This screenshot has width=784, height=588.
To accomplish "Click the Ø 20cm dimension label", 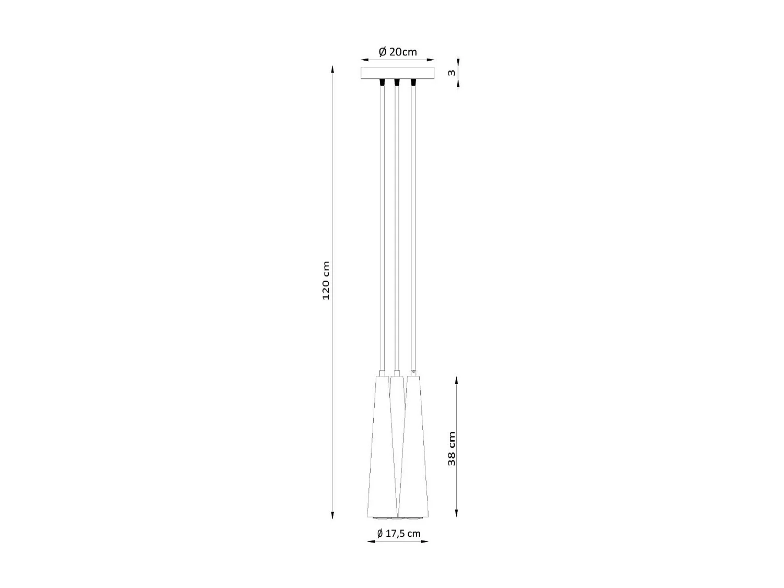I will click(x=398, y=52).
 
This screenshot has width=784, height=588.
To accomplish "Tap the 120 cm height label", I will click(x=326, y=280).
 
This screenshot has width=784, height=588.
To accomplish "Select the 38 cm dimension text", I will click(x=452, y=448).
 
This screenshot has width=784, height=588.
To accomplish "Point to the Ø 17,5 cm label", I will click(x=399, y=534).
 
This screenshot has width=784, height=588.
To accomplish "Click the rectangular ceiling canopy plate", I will click(x=398, y=73).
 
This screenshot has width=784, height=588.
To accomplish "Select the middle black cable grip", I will click(x=397, y=83).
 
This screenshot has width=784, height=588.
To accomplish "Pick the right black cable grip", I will click(x=413, y=83).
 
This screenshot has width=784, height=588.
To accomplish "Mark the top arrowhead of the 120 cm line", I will click(x=332, y=68).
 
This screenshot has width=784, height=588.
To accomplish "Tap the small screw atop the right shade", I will click(x=413, y=372).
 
